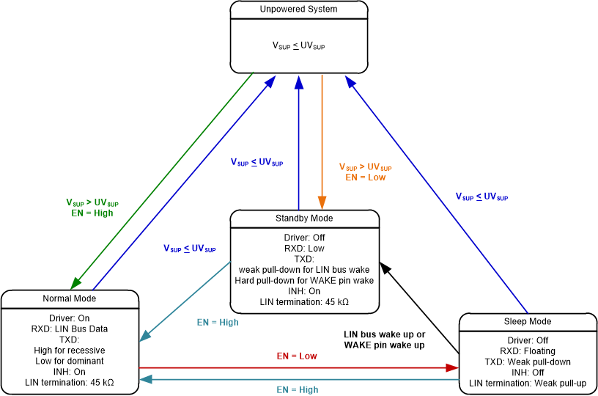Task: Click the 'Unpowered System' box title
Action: tap(299, 10)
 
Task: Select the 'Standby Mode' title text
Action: tap(304, 219)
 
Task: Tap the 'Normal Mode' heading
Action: tap(70, 298)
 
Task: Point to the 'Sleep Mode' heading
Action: tap(528, 321)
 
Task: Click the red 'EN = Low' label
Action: tap(297, 356)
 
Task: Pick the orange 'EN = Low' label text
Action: tap(365, 177)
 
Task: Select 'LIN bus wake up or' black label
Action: tap(384, 334)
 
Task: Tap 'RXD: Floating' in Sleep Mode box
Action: tap(528, 351)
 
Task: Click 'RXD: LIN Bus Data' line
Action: tap(70, 329)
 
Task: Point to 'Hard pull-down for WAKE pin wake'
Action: tap(304, 280)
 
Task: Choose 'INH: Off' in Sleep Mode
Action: tap(528, 373)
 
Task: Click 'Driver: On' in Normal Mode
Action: tap(70, 319)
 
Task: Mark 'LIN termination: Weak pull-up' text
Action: tap(528, 383)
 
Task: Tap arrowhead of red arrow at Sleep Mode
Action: tap(452, 367)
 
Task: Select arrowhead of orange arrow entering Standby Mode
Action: tap(322, 204)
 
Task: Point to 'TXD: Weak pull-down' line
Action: tap(528, 362)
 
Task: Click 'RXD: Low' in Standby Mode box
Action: tap(304, 249)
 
